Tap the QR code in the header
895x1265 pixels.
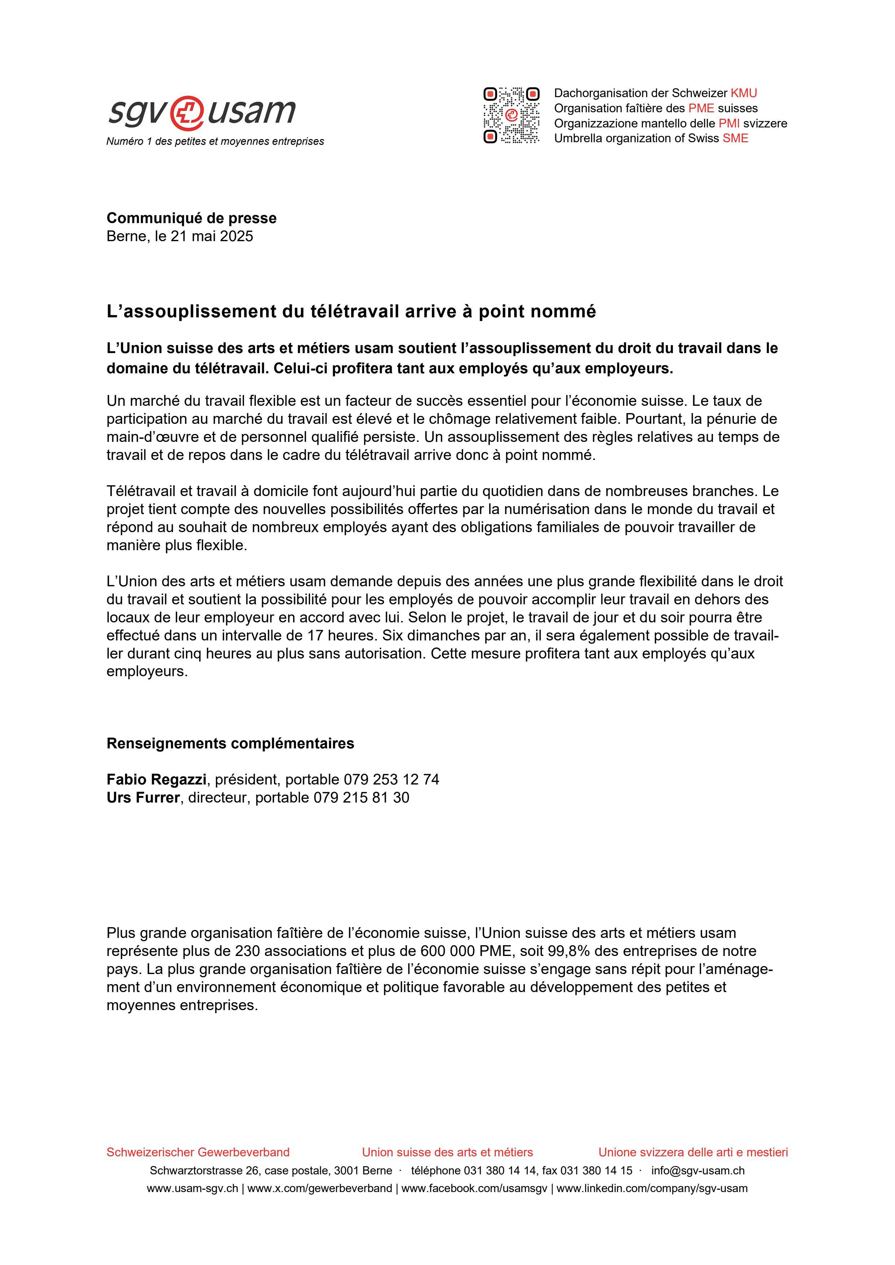point(511,115)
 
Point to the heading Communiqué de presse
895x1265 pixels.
point(191,218)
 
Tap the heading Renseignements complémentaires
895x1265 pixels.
point(230,743)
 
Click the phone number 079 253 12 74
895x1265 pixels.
point(391,779)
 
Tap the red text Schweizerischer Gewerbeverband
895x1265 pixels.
point(198,1152)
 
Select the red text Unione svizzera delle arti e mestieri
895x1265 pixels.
point(693,1152)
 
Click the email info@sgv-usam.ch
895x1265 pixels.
point(698,1171)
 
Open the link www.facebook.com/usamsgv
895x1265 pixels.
point(474,1188)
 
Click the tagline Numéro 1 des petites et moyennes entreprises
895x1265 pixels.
point(215,142)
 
